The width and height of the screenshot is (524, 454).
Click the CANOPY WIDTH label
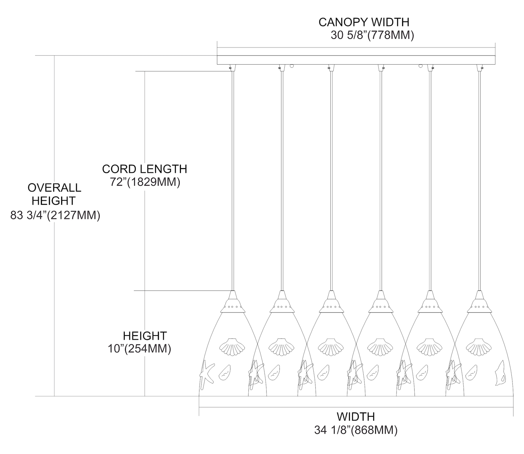pyautogui.click(x=364, y=22)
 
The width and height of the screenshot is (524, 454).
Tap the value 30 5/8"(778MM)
pyautogui.click(x=372, y=35)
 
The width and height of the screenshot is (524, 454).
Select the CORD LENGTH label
pyautogui.click(x=144, y=169)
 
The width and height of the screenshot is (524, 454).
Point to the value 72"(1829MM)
pyautogui.click(x=145, y=182)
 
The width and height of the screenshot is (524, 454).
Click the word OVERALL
pyautogui.click(x=54, y=188)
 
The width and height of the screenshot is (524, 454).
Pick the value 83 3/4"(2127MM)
pyautogui.click(x=56, y=215)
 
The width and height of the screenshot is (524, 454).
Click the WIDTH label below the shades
pyautogui.click(x=356, y=417)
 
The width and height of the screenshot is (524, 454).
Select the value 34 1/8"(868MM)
pyautogui.click(x=356, y=430)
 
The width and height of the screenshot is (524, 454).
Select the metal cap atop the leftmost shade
pyautogui.click(x=232, y=302)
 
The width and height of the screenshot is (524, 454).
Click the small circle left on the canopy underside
pyautogui.click(x=292, y=65)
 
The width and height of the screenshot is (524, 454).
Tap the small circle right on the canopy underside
pyautogui.click(x=421, y=65)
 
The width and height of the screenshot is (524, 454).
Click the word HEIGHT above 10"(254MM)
pyautogui.click(x=145, y=336)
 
